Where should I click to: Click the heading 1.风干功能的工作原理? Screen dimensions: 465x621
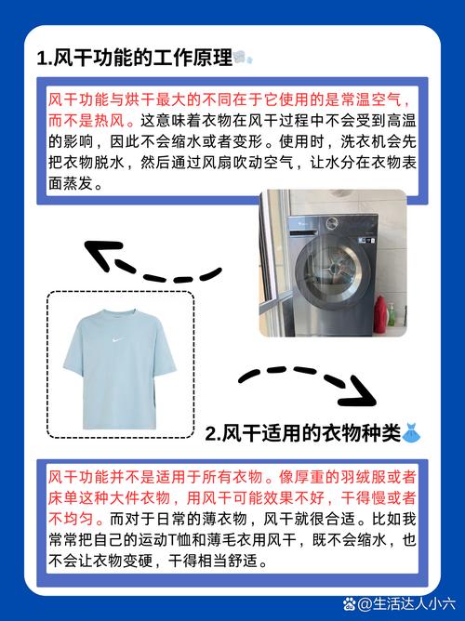[135, 59]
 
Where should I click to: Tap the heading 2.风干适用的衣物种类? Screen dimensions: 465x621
[303, 433]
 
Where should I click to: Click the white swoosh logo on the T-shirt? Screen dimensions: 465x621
[115, 339]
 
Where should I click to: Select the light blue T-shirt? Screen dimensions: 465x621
[120, 369]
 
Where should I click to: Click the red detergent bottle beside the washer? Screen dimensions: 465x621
[380, 314]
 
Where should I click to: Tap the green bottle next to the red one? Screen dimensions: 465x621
[392, 315]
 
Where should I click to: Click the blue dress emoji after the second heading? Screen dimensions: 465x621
[411, 433]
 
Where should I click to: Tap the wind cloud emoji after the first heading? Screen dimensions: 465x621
[243, 58]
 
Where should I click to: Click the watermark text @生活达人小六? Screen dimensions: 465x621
[406, 604]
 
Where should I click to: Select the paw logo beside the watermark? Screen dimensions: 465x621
[350, 604]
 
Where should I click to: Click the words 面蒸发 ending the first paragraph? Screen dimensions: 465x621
[71, 183]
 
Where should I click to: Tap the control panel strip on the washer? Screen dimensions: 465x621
[332, 224]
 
